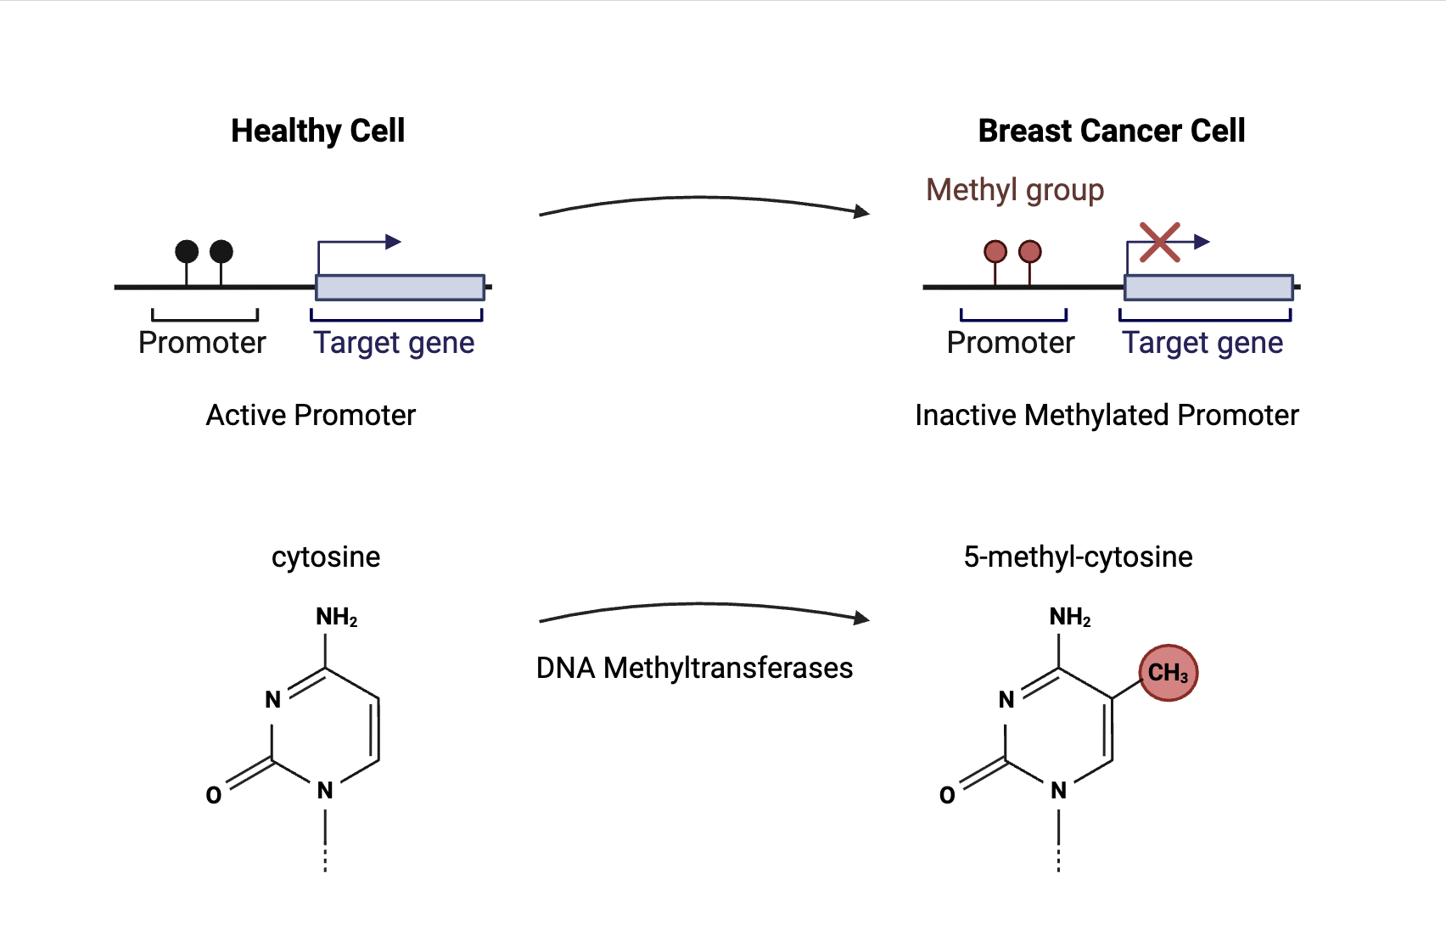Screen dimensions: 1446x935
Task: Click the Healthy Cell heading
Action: click(317, 131)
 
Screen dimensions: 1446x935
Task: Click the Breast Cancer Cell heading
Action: click(1111, 131)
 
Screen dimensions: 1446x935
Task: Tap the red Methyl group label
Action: click(1015, 190)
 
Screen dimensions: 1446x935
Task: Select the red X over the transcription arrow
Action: click(1159, 243)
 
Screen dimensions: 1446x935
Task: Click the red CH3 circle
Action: click(1169, 672)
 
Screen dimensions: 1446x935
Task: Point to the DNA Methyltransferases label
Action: click(695, 668)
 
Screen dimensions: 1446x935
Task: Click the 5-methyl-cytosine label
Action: click(1078, 557)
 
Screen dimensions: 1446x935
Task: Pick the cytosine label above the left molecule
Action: click(325, 557)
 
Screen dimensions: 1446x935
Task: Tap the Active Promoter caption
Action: click(311, 415)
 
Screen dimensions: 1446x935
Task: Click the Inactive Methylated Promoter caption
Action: click(1107, 415)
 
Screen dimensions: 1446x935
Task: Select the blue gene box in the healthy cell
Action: click(401, 287)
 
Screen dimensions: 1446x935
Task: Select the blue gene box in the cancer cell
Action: click(1208, 287)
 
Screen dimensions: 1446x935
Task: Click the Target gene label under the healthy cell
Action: click(394, 343)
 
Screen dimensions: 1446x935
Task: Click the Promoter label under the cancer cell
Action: click(1011, 343)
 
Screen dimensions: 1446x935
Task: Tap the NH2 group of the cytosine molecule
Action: click(336, 617)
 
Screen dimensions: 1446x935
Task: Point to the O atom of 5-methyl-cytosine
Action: click(947, 795)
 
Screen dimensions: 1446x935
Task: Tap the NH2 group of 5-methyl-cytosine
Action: click(1070, 617)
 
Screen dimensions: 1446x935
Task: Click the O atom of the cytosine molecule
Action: click(214, 795)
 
